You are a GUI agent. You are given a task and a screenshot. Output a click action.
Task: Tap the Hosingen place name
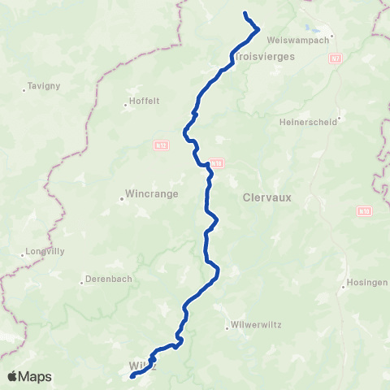point(369,281)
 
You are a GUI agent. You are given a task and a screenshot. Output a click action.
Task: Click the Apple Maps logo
point(30,376)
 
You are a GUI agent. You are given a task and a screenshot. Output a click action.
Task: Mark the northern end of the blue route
point(245,14)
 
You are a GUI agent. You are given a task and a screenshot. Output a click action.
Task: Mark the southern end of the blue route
point(132,376)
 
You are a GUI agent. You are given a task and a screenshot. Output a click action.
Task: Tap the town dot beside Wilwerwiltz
point(227,327)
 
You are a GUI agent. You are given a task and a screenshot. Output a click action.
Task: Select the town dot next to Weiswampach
point(332,37)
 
